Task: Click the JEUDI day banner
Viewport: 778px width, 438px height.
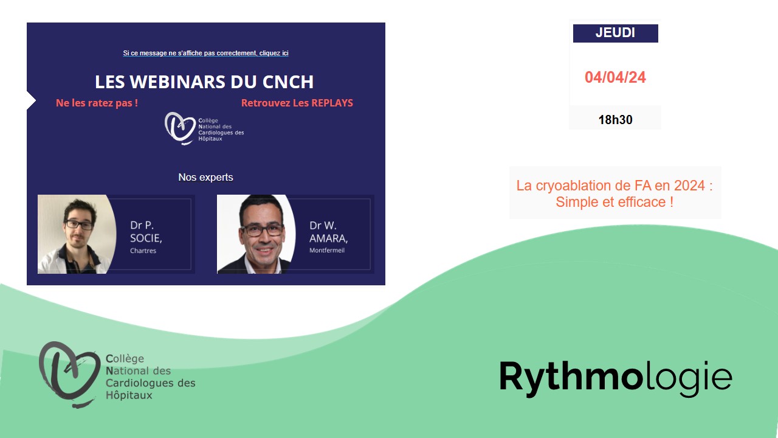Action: [x=616, y=33]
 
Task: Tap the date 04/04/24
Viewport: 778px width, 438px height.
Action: [x=615, y=77]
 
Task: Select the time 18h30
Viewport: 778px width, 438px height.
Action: [x=615, y=120]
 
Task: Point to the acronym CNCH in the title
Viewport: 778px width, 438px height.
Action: [x=288, y=82]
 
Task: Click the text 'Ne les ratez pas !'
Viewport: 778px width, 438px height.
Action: [x=97, y=103]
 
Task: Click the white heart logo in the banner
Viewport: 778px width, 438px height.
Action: [x=180, y=128]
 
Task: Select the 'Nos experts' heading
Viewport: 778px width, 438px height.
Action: [x=205, y=177]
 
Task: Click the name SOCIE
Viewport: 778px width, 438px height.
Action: [x=146, y=238]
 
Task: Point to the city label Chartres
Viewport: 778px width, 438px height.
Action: [x=143, y=251]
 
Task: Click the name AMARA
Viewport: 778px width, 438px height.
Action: [x=329, y=238]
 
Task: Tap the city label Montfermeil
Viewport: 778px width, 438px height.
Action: [x=327, y=250]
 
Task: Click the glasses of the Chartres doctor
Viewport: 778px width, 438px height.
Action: [x=79, y=225]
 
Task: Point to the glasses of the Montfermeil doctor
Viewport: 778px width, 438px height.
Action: [x=262, y=230]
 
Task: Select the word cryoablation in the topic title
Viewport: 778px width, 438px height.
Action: [x=583, y=186]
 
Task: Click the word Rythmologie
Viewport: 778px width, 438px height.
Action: [x=616, y=378]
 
